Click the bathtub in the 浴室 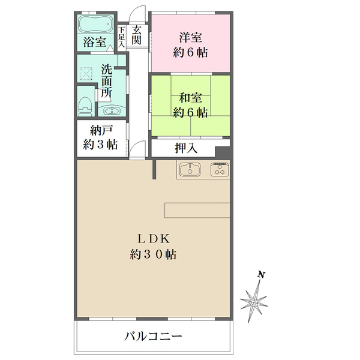pos(94,25)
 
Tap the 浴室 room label pos(95,42)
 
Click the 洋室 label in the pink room pos(190,35)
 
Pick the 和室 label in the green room pos(190,96)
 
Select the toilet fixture pos(85,103)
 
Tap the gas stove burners pos(219,170)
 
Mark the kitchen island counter pos(197,211)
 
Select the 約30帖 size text pos(153,254)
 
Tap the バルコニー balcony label pos(153,336)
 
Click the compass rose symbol pos(254,299)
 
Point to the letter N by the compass pos(261,275)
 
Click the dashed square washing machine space pos(86,74)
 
